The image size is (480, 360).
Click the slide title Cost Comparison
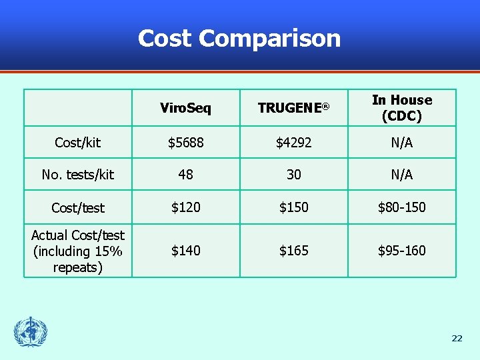point(239,38)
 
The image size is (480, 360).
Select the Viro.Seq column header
point(185,108)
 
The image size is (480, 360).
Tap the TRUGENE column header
point(293,108)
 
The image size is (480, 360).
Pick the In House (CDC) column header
point(401,107)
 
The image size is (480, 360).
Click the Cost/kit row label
point(77,143)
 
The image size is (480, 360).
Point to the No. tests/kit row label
point(77,175)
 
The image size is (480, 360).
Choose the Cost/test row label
point(77,208)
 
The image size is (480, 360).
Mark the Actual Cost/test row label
point(77,251)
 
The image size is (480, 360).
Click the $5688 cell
point(185,143)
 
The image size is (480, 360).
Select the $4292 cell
point(293,143)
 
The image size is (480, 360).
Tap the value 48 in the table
point(185,175)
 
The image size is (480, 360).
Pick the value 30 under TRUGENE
point(293,175)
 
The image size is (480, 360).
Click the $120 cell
point(185,208)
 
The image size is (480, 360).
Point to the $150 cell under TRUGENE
point(293,208)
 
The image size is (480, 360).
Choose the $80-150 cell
point(401,208)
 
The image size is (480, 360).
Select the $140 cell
point(185,251)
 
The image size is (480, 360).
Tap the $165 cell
point(293,251)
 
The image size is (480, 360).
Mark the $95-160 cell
point(401,251)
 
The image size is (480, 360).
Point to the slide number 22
point(457,339)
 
